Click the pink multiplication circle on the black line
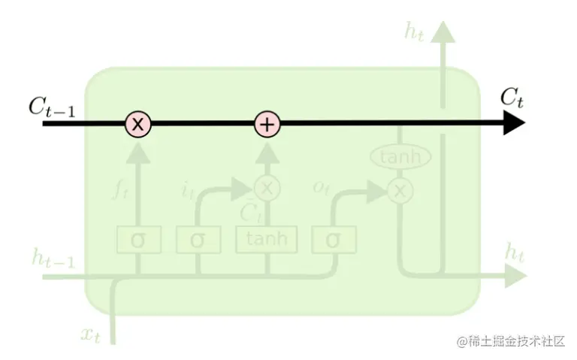(x=137, y=124)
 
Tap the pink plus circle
(x=267, y=124)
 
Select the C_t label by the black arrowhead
(x=512, y=97)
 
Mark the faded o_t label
(x=322, y=188)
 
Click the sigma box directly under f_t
(x=138, y=240)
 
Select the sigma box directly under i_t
(x=198, y=240)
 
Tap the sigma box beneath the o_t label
(x=334, y=240)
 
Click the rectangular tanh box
(x=267, y=240)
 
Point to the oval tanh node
(x=400, y=157)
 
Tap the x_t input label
(x=90, y=333)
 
